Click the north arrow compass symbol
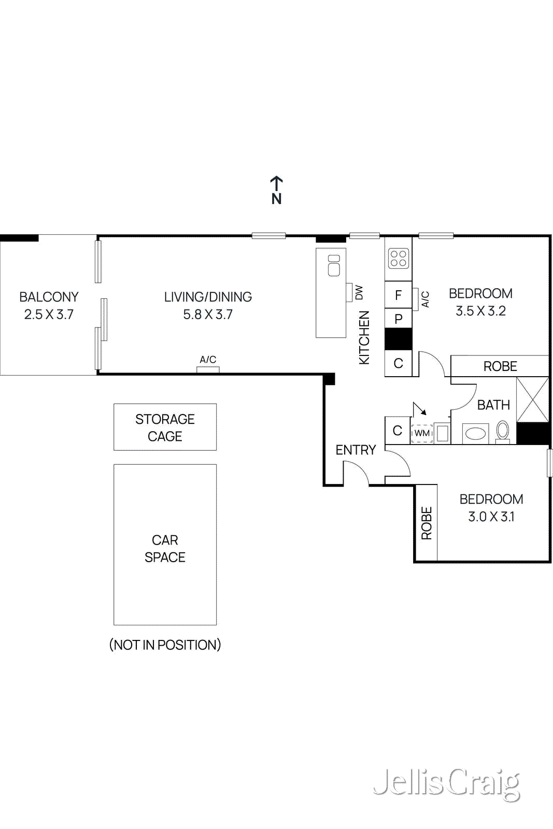[x=276, y=190]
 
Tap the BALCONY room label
[x=49, y=297]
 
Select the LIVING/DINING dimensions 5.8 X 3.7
[x=208, y=315]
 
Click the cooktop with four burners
[x=399, y=258]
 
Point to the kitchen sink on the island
[x=334, y=265]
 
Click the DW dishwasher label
[x=359, y=292]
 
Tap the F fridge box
[x=398, y=295]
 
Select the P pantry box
[x=398, y=319]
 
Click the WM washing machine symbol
[x=422, y=433]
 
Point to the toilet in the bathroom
[x=503, y=431]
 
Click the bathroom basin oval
[x=475, y=433]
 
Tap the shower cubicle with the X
[x=533, y=399]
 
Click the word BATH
[x=493, y=405]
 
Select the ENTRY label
[x=356, y=450]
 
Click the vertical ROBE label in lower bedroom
[x=427, y=523]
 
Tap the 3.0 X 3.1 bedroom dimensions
[x=491, y=517]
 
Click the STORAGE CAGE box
[x=165, y=427]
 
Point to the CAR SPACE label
[x=165, y=549]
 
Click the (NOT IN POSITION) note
[x=165, y=645]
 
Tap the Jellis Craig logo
[x=447, y=783]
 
